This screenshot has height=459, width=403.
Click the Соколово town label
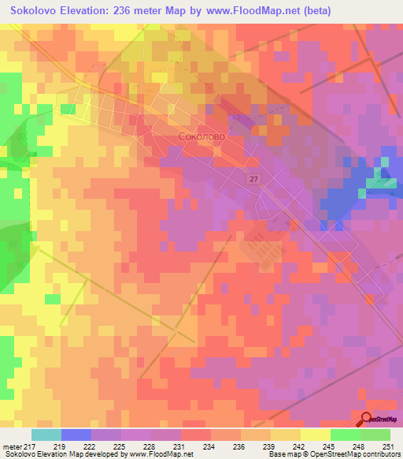(x=201, y=136)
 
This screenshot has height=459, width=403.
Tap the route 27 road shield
(x=252, y=179)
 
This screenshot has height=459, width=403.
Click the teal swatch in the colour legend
(x=46, y=435)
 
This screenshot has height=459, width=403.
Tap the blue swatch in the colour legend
(x=76, y=435)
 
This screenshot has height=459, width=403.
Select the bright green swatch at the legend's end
(x=375, y=435)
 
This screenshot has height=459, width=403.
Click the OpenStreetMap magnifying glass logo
(x=368, y=419)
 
